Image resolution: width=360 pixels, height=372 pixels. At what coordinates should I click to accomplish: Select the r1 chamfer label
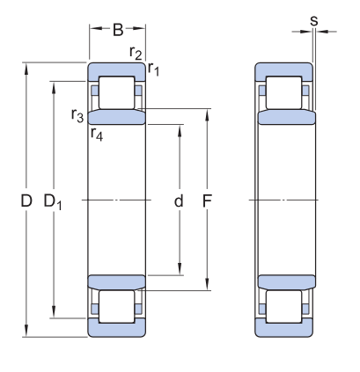point(153,68)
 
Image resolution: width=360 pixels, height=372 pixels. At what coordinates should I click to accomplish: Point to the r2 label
point(136,54)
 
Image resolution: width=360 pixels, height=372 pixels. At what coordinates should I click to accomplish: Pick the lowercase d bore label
point(179,201)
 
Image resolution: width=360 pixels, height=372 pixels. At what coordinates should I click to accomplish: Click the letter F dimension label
point(208,201)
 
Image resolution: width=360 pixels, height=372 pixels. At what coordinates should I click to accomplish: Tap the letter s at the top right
point(314,19)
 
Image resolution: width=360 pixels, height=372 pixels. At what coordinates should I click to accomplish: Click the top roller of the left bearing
point(115,92)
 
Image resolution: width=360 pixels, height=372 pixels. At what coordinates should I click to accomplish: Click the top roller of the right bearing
point(284,92)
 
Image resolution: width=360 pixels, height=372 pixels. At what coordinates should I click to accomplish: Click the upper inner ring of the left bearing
point(115,118)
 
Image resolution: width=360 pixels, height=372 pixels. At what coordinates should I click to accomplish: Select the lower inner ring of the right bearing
point(284,282)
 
